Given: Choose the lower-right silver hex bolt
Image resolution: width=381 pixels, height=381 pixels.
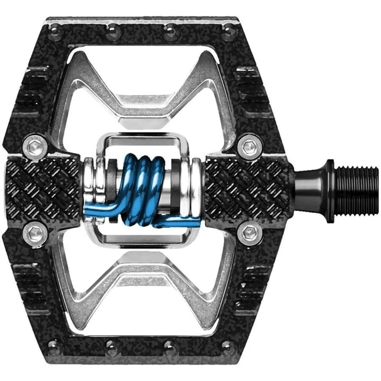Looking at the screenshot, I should (249, 233).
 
